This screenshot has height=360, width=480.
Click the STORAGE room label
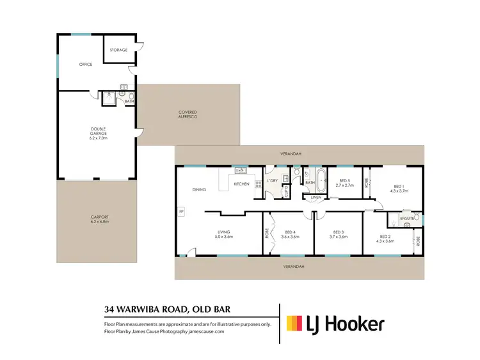pyautogui.click(x=118, y=50)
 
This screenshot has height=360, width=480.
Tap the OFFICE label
pyautogui.click(x=86, y=65)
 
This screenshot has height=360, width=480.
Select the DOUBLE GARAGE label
pyautogui.click(x=98, y=134)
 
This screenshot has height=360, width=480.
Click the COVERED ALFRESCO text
pyautogui.click(x=188, y=115)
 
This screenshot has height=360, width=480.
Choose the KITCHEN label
pyautogui.click(x=241, y=184)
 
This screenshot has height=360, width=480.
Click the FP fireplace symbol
pyautogui.click(x=181, y=210)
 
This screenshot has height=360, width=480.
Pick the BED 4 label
pyautogui.click(x=291, y=234)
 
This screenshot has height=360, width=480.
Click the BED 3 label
pyautogui.click(x=338, y=234)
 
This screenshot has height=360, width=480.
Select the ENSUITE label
pyautogui.click(x=407, y=219)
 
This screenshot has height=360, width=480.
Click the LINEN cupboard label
pyautogui.click(x=316, y=198)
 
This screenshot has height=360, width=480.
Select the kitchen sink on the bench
pyautogui.click(x=241, y=170)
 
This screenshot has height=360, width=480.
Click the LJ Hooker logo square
pyautogui.click(x=294, y=324)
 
